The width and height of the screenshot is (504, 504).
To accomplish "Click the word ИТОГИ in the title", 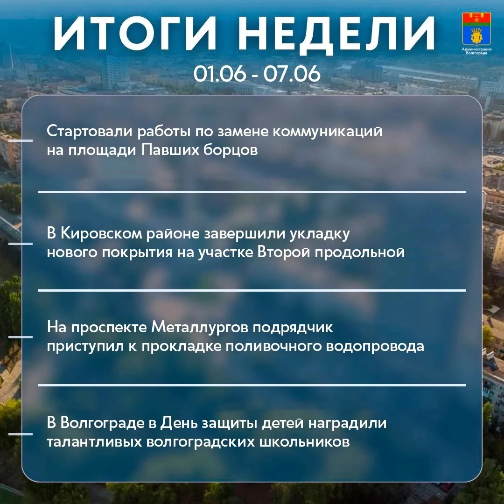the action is (x=134, y=34).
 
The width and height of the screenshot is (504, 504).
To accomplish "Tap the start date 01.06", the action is (x=219, y=73).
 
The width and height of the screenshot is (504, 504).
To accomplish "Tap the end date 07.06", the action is (x=292, y=73).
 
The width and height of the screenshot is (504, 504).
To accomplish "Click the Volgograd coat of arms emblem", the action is (x=476, y=29).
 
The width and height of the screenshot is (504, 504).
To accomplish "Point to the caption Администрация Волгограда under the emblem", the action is (x=476, y=51).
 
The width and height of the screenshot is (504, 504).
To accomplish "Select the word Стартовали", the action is (x=89, y=131).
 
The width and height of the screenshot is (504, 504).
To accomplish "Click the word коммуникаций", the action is (x=328, y=132).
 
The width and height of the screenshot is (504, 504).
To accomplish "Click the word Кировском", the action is (x=101, y=234).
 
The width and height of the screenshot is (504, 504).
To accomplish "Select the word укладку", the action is (x=320, y=234).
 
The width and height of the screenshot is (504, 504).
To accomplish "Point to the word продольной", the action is (x=360, y=252).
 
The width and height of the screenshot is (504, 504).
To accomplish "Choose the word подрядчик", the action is (x=293, y=328).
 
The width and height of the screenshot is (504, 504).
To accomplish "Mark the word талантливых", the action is (x=94, y=442).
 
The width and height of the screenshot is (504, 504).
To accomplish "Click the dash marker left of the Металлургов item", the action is (x=20, y=337).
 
